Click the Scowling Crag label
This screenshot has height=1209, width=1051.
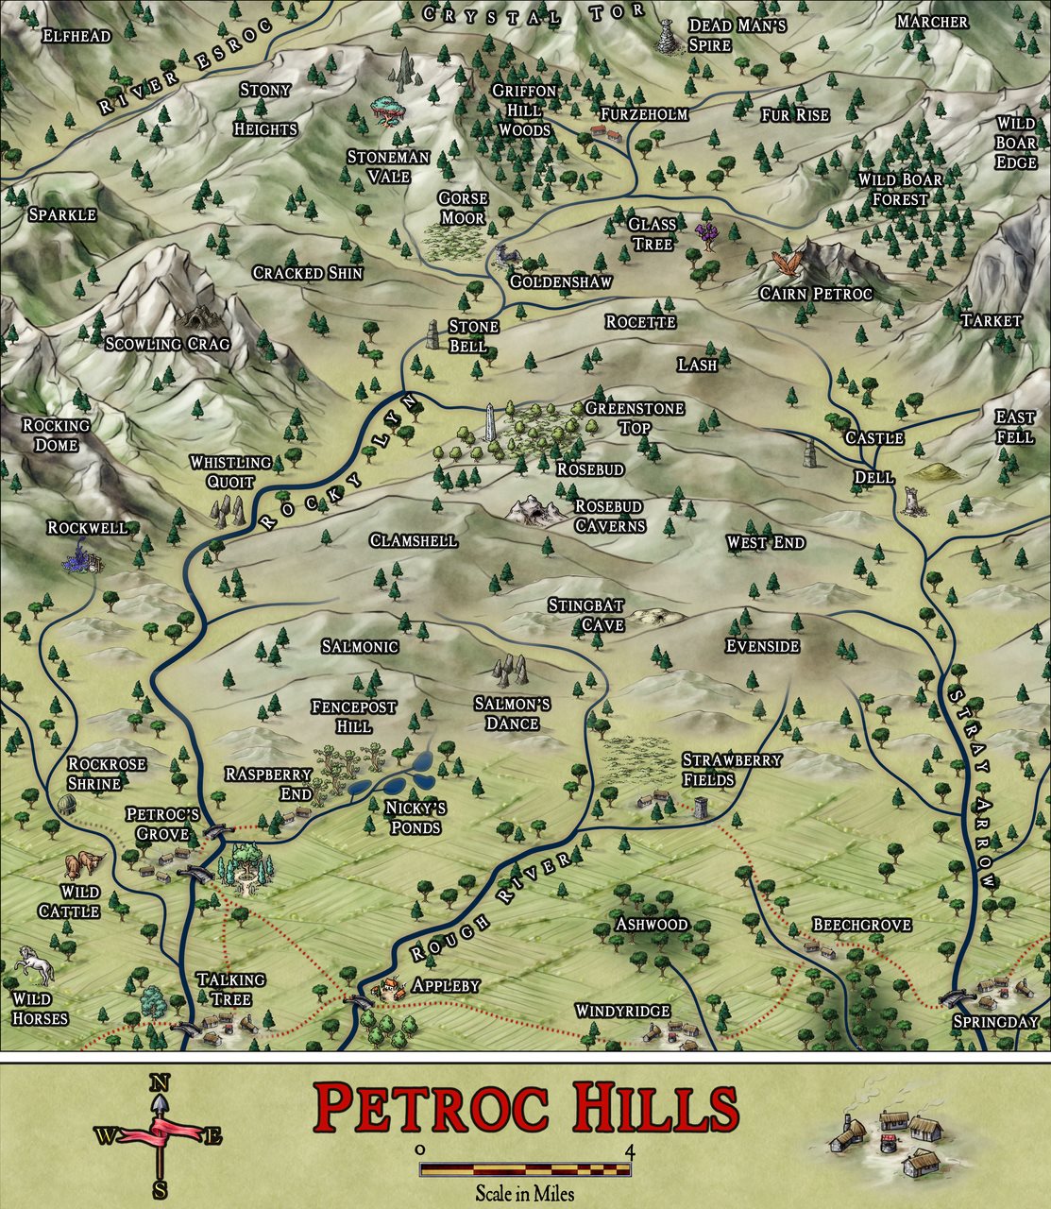[x=167, y=344]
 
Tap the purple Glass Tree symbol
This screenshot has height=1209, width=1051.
[x=707, y=233]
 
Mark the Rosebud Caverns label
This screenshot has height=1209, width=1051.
[x=609, y=516]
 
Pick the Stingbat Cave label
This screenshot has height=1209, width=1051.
[x=586, y=614]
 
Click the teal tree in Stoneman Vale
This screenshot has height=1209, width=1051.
[x=387, y=110]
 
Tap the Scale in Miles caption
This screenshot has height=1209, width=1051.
[x=524, y=1193]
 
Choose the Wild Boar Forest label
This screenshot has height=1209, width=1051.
[x=900, y=190]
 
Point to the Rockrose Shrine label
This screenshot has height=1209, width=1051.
[x=107, y=774]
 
